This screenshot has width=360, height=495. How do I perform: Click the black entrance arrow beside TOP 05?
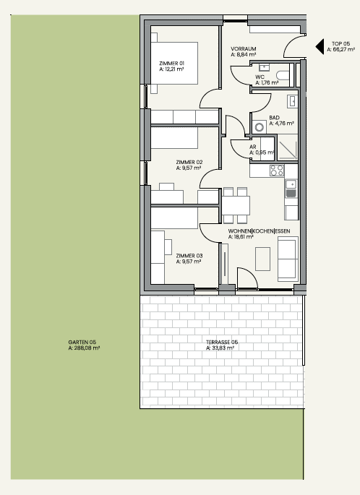[320, 46]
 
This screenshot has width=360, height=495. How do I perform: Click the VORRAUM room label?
[244, 48]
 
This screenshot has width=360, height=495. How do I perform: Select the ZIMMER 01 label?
[172, 63]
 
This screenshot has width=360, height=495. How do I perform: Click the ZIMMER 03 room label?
[189, 256]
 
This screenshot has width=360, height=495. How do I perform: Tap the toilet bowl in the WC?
[283, 75]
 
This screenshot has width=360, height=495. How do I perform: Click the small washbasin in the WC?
[264, 67]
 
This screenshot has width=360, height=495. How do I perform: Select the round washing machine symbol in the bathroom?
[260, 127]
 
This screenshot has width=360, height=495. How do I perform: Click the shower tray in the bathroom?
[288, 147]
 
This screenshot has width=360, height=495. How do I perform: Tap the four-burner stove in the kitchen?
[277, 171]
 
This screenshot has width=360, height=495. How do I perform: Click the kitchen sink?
[291, 189]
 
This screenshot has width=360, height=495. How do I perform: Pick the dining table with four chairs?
[236, 205]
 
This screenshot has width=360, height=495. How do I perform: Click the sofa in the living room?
[288, 259]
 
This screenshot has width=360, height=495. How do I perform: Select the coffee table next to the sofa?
[262, 259]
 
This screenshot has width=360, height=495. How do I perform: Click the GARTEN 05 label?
[82, 342]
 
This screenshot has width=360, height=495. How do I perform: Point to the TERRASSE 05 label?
[222, 342]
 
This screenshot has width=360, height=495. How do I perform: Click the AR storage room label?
[252, 147]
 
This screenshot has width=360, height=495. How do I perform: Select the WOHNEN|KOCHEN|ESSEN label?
[259, 231]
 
